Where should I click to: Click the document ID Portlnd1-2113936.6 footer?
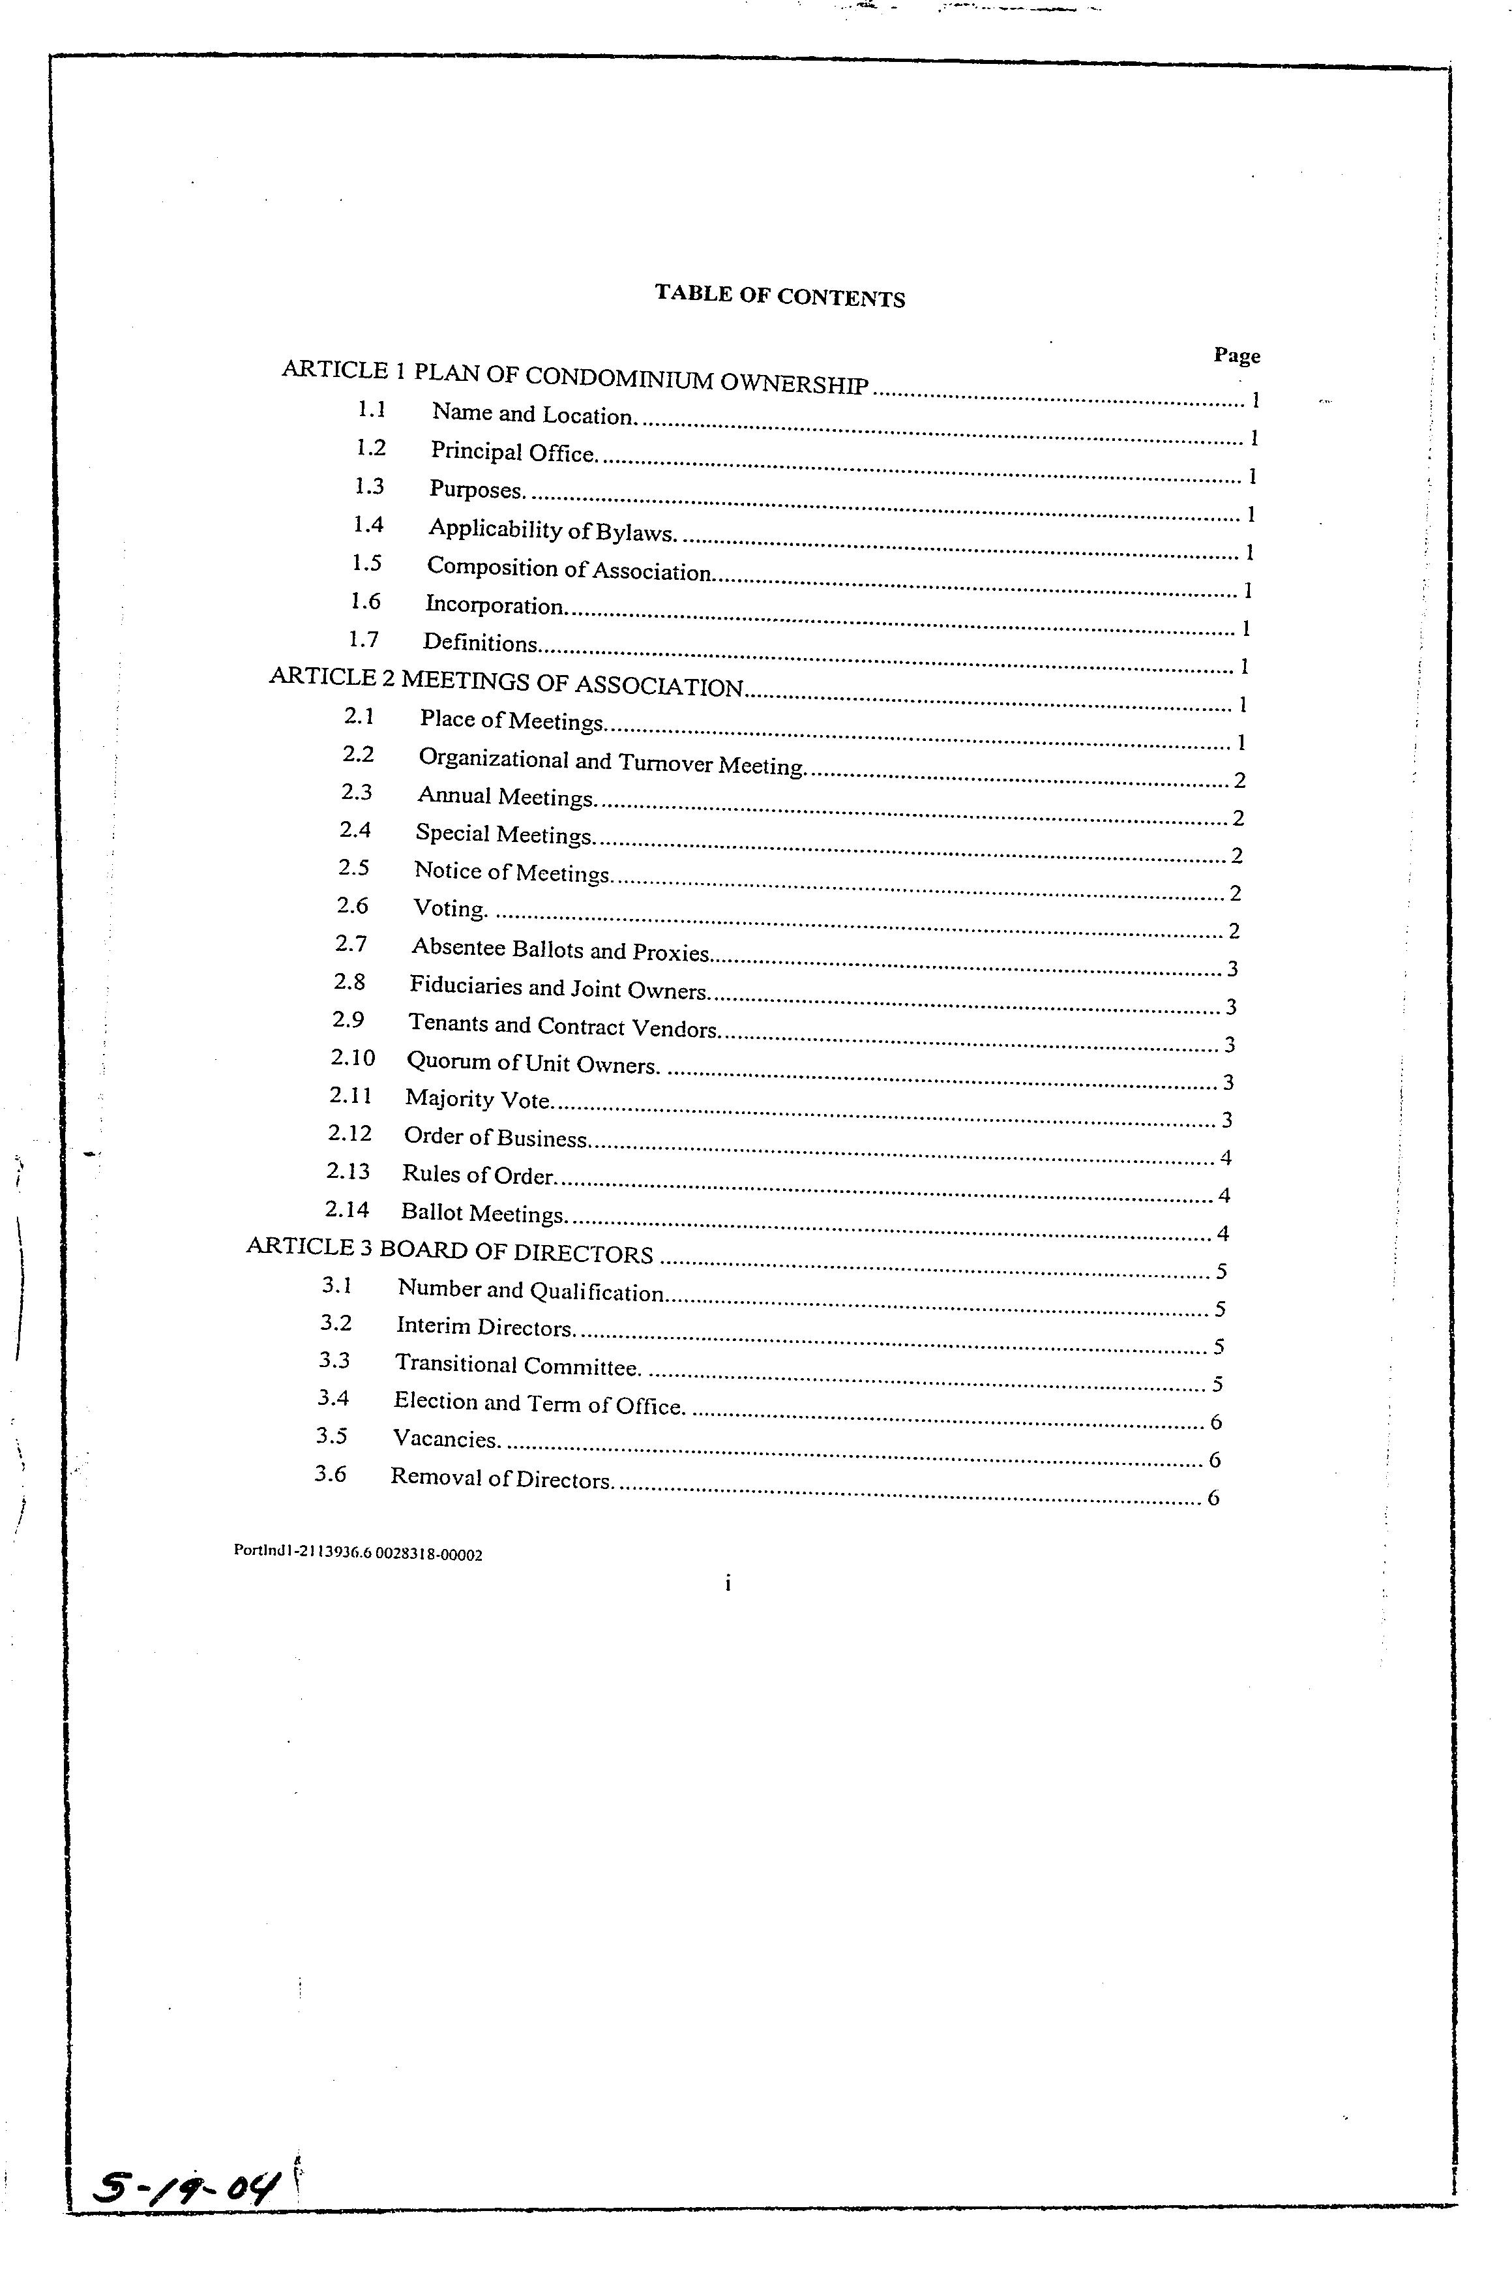point(358,1553)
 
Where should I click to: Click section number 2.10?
point(352,1057)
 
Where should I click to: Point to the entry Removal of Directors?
point(501,1479)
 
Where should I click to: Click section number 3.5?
point(332,1436)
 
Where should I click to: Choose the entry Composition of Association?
point(569,569)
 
